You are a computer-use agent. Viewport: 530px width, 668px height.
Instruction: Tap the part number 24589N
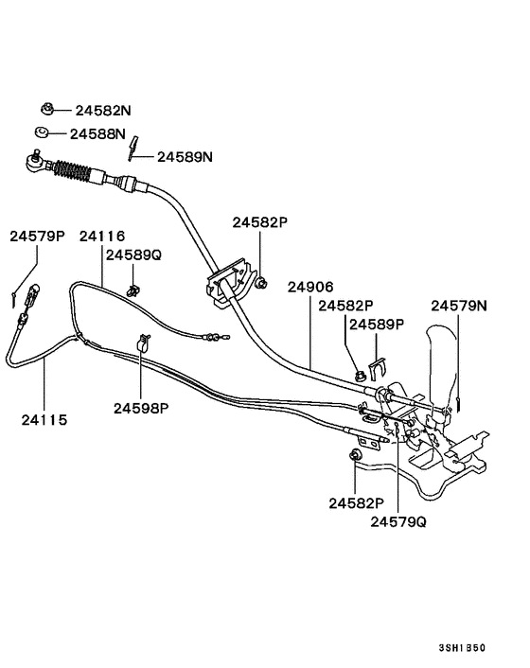185,156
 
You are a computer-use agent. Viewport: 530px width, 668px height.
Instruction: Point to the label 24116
102,236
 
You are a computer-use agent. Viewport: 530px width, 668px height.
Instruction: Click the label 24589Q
133,255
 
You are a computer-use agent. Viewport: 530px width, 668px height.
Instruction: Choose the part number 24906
309,286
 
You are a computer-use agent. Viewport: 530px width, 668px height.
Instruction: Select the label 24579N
459,306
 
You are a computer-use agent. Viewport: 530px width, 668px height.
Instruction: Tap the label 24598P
141,408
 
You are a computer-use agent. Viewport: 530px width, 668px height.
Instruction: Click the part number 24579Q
398,521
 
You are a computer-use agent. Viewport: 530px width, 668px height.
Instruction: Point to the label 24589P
377,324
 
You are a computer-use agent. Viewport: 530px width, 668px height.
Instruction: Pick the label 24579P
37,236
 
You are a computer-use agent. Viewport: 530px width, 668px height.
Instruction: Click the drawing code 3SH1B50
463,648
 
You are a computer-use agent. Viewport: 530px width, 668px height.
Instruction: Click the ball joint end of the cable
31,163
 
